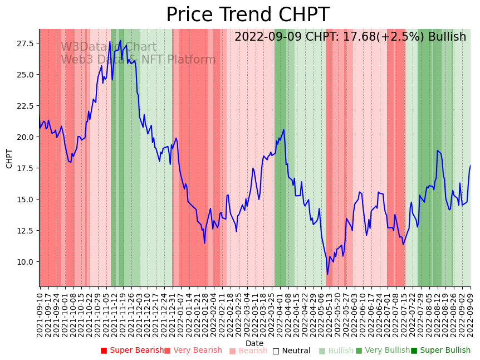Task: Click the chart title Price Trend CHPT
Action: point(248,15)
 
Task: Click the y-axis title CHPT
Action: point(9,158)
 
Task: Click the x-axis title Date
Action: point(254,344)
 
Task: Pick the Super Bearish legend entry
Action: point(133,351)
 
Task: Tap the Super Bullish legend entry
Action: point(440,351)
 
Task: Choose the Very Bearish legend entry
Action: point(193,351)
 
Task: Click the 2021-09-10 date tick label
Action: point(40,312)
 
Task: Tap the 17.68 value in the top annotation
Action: point(348,37)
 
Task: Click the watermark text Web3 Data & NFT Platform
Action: point(138,60)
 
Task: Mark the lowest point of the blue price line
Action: point(327,274)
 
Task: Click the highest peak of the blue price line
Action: point(120,40)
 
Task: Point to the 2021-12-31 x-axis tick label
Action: point(173,312)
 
